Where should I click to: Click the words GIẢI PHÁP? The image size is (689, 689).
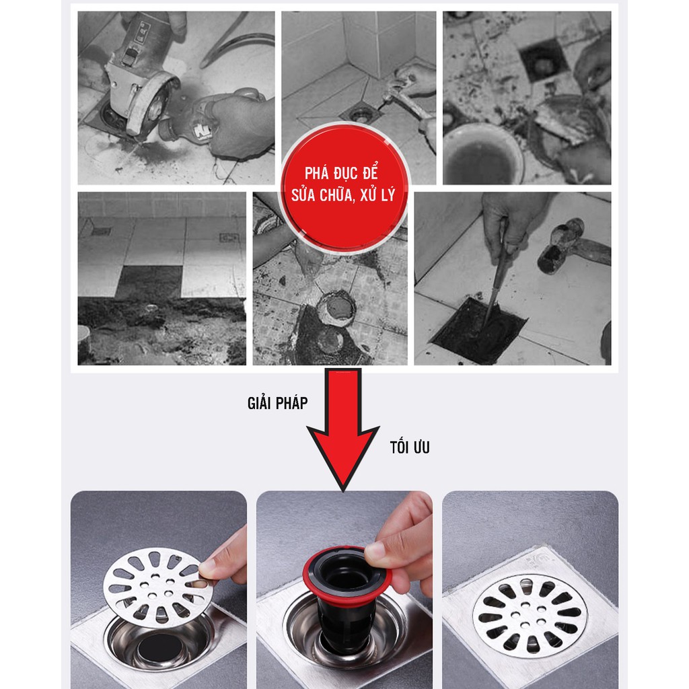[x=277, y=404]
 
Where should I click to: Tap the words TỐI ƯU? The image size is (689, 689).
[x=409, y=447]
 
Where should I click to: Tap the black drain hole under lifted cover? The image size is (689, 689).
[x=158, y=650]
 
